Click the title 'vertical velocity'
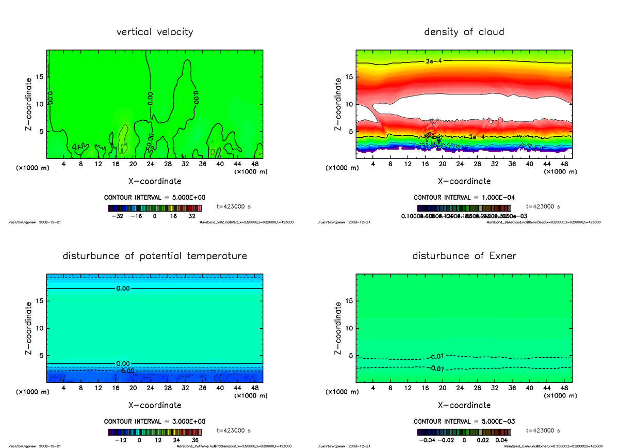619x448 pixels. point(155,32)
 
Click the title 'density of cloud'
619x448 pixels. point(464,32)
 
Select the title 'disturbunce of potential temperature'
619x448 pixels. point(155,256)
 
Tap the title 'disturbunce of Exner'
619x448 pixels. point(464,256)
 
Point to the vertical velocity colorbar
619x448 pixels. point(155,208)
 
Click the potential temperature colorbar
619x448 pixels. point(155,432)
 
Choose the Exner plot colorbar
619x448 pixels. point(464,432)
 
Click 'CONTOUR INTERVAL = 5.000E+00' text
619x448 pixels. point(155,198)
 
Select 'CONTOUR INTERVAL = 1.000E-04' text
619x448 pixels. point(464,198)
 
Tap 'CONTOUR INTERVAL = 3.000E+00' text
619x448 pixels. point(155,421)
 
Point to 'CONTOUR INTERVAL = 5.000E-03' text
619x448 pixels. point(464,421)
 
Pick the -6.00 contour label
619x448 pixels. point(125,371)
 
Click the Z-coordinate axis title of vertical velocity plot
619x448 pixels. point(29,104)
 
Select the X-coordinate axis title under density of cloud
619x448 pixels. point(464,181)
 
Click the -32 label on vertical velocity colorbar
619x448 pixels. point(119,217)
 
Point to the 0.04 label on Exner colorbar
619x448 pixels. point(501,440)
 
